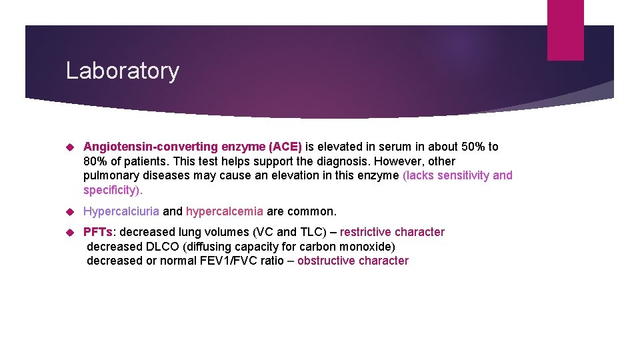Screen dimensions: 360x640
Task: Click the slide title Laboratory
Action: [x=122, y=71]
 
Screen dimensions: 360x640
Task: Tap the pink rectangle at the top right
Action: [x=565, y=30]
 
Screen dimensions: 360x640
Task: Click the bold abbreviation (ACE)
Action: [x=285, y=147]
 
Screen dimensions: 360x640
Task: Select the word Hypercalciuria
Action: [x=121, y=211]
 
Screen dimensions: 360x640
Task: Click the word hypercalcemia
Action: [x=224, y=211]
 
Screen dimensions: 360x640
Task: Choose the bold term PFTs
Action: [x=98, y=232]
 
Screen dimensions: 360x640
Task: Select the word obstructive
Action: [x=327, y=261]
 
